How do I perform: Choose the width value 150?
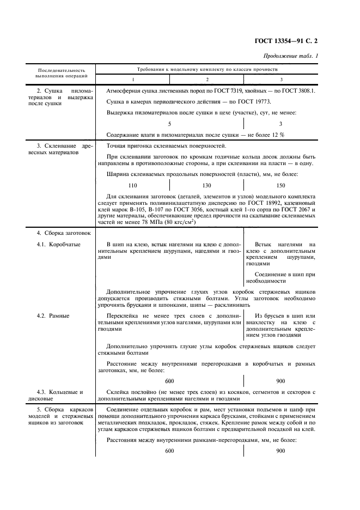[x=280, y=185]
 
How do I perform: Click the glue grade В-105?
[x=148, y=210]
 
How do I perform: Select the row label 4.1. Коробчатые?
[x=58, y=245]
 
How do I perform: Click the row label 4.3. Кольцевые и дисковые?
[x=59, y=395]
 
